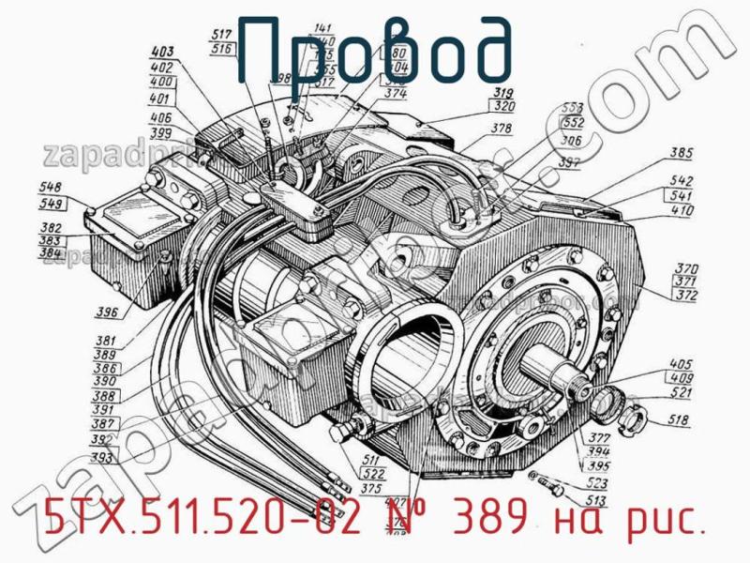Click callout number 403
click(x=162, y=53)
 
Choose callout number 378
click(x=502, y=129)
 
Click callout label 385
click(x=682, y=153)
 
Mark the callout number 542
click(x=682, y=181)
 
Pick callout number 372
click(x=686, y=295)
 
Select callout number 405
click(x=682, y=364)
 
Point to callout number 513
click(x=595, y=500)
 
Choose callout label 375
click(x=370, y=487)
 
